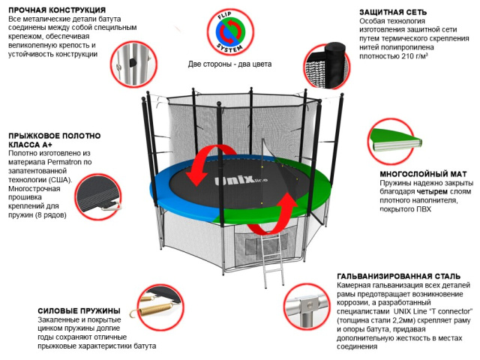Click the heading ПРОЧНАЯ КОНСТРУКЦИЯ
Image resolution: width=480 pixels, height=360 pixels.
point(51,8)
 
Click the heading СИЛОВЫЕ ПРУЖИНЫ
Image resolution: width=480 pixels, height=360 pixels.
point(79,310)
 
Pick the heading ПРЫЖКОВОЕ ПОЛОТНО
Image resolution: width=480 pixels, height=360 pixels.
point(52,136)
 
